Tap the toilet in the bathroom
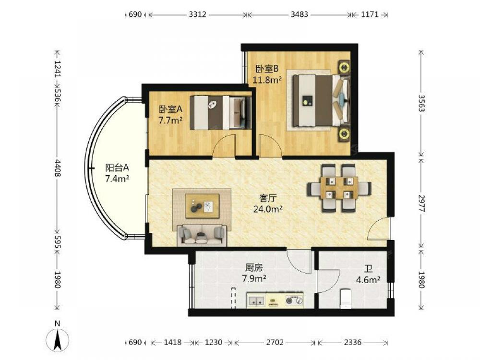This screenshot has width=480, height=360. pyautogui.click(x=348, y=298)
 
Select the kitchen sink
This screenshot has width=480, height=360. pyautogui.click(x=256, y=300)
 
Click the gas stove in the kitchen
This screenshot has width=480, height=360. pyautogui.click(x=294, y=300)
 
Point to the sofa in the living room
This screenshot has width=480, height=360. pyautogui.click(x=202, y=235)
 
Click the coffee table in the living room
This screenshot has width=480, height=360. pyautogui.click(x=202, y=206)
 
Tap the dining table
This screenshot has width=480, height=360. pyautogui.click(x=339, y=188)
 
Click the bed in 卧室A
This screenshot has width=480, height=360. pyautogui.click(x=220, y=113)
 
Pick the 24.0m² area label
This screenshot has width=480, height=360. pyautogui.click(x=267, y=209)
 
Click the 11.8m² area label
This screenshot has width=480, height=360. pyautogui.click(x=267, y=80)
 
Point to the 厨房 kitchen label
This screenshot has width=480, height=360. pyautogui.click(x=254, y=268)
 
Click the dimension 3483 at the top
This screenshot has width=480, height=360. pyautogui.click(x=299, y=14)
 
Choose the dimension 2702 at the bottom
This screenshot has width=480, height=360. pyautogui.click(x=275, y=342)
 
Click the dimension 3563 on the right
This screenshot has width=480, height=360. pyautogui.click(x=421, y=103)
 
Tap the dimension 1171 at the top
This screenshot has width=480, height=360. pyautogui.click(x=370, y=14)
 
